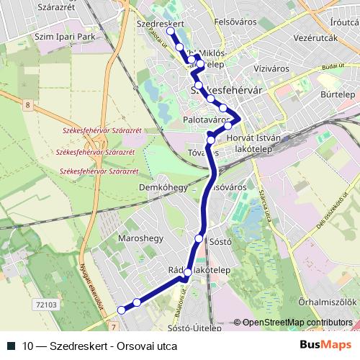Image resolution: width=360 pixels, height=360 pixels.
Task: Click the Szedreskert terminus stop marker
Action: tap(170, 31)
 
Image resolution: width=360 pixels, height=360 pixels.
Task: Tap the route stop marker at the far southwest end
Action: tap(121, 310)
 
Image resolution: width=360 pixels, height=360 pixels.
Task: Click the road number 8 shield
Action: tap(27, 106)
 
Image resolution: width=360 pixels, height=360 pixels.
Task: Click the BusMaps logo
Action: tap(330, 345)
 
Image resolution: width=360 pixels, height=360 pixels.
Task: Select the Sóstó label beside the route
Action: tap(219, 242)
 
